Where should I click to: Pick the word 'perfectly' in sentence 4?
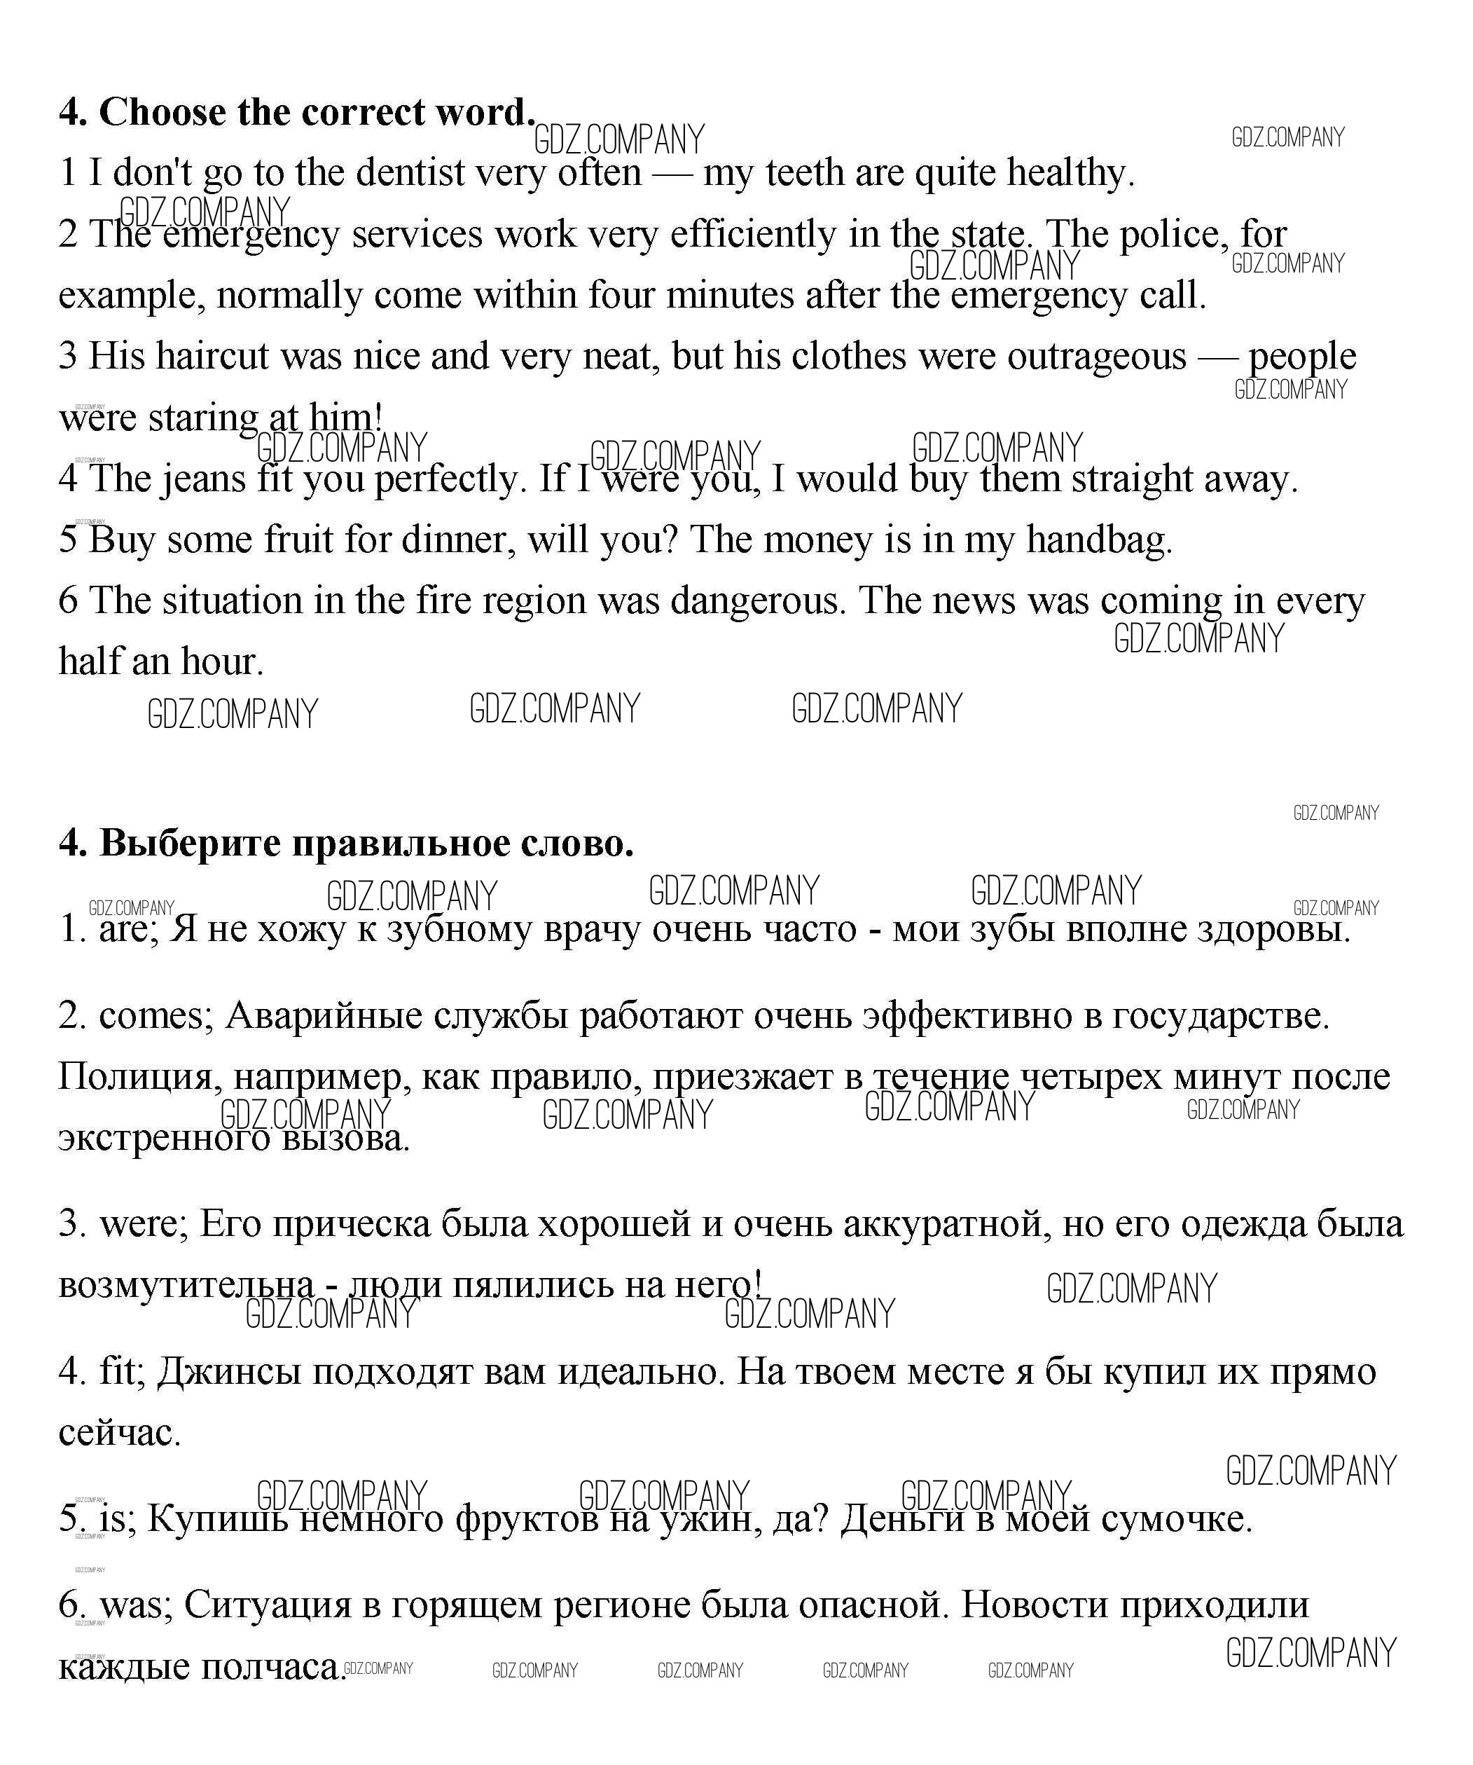pos(449,480)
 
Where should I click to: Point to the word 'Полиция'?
pos(134,1078)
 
